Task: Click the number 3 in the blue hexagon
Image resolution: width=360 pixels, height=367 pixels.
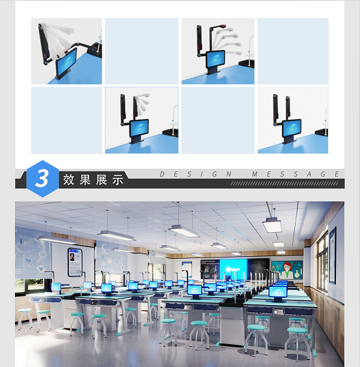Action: point(42,179)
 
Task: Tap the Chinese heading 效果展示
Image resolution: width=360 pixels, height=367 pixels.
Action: point(93,179)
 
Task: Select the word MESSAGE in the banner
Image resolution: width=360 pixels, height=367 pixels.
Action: point(296,174)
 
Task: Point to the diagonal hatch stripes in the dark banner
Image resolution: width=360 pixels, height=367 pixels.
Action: point(284,184)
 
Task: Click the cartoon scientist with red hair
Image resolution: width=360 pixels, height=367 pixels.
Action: point(287,270)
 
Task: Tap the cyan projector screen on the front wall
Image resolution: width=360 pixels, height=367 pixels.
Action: point(233,269)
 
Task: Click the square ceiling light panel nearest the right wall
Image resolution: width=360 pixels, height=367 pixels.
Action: point(272,225)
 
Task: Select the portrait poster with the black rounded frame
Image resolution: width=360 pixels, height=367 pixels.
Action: point(75,262)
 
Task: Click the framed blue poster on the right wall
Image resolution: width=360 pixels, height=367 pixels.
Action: point(333,255)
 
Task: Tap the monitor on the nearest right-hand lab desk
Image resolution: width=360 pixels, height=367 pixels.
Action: point(278,293)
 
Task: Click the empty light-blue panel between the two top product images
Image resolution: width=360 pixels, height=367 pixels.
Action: point(142,51)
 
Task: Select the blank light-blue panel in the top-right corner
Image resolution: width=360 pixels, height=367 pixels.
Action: point(293,51)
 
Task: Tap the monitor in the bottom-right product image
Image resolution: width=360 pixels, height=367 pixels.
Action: point(291,128)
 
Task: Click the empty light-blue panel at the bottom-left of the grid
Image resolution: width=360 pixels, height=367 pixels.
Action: point(66,121)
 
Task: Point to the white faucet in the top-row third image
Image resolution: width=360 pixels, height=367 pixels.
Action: point(251,50)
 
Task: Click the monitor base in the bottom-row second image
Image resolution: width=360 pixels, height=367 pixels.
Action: point(136,139)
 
